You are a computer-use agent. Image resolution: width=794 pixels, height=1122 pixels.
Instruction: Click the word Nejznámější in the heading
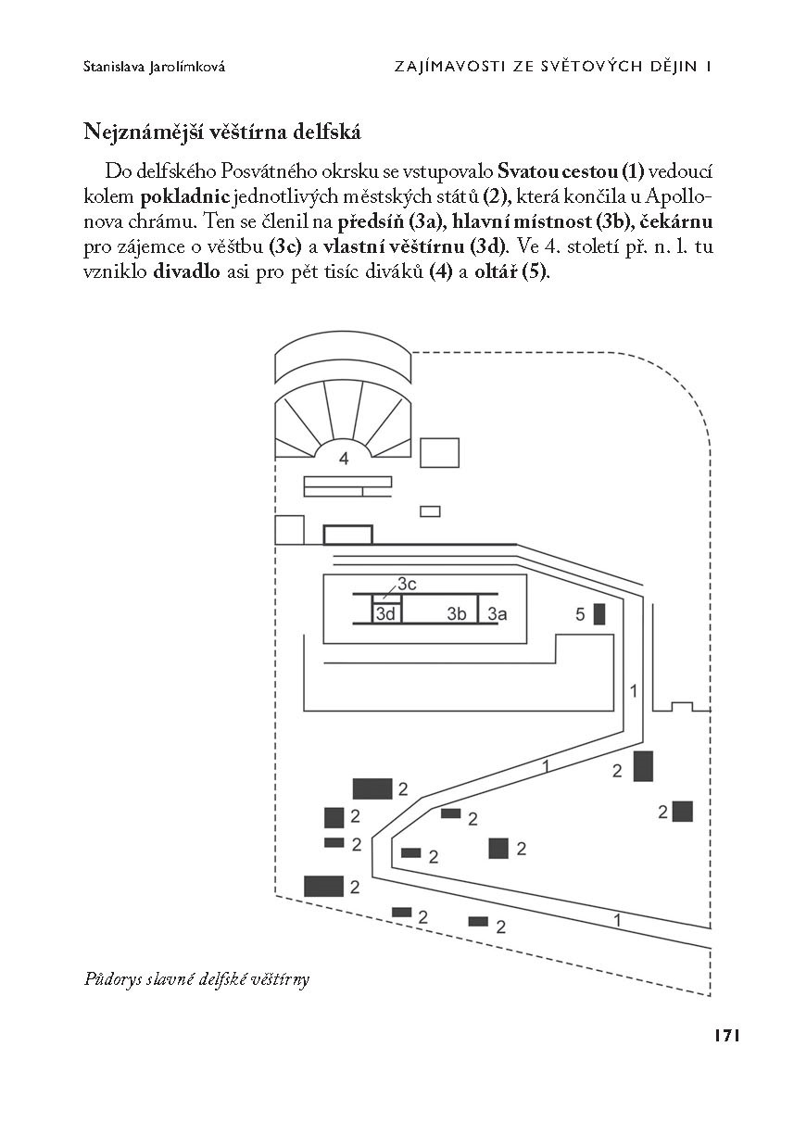coord(139,132)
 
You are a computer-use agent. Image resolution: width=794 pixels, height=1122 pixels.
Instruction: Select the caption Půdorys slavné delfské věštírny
coord(196,978)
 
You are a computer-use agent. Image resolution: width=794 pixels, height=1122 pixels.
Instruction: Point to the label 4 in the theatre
coord(344,459)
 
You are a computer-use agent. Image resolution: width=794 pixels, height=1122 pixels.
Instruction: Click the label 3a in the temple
coord(498,613)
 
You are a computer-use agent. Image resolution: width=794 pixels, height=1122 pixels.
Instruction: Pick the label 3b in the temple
coord(456,613)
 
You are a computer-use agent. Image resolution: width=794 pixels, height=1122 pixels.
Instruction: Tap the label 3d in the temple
coord(386,613)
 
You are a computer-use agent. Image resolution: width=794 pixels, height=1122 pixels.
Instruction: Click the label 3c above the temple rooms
coord(408,583)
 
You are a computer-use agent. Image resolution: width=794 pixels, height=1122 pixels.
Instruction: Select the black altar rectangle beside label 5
coord(599,613)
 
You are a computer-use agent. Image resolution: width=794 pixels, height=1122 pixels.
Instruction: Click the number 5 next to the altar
coord(580,613)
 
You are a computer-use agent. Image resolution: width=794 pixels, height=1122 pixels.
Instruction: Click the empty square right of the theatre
coord(440,452)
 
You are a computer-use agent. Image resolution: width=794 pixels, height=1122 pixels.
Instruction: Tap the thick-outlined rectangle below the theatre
coord(347,535)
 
